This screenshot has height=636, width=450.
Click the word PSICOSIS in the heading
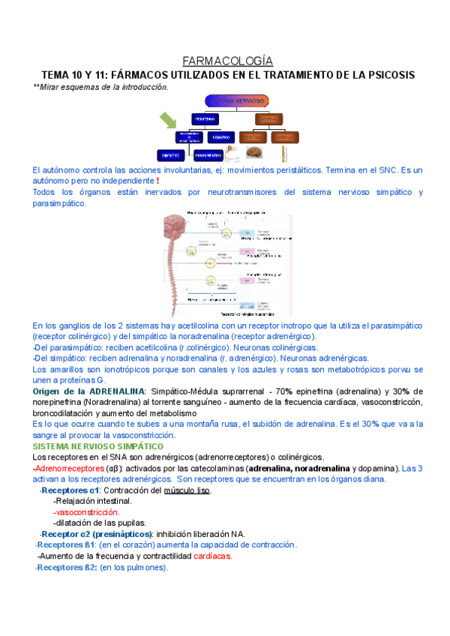[x=388, y=75]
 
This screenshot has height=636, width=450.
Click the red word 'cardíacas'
[x=212, y=556]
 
